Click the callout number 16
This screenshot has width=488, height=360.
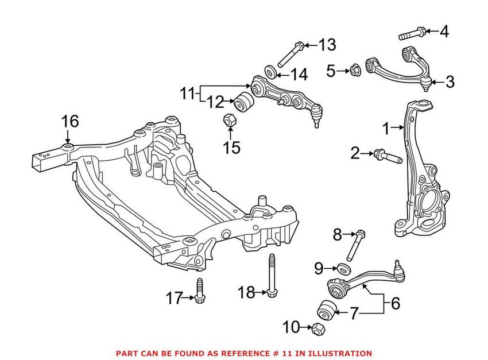[x=70, y=121]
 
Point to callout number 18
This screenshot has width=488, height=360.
[x=246, y=293]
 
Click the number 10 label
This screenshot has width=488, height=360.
[x=291, y=328]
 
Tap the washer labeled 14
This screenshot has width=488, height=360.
[x=269, y=72]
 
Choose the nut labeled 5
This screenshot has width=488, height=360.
[x=354, y=71]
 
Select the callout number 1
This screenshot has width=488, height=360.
[x=386, y=127]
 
